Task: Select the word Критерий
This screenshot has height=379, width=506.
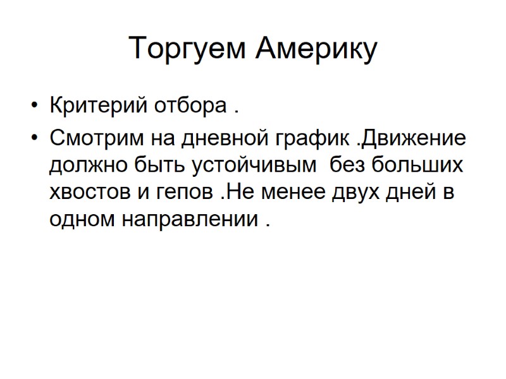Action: click(97, 105)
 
